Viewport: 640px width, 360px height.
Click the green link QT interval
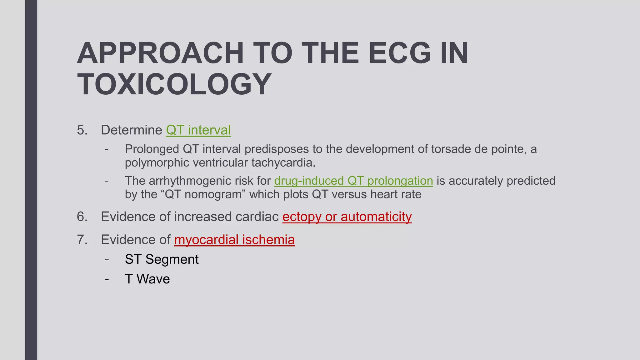click(x=198, y=130)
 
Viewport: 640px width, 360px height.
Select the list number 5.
click(x=82, y=130)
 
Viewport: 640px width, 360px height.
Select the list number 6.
click(x=82, y=217)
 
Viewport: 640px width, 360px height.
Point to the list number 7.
click(x=82, y=240)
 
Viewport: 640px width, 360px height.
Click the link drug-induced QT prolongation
click(x=353, y=181)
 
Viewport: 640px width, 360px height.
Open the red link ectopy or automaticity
click(x=347, y=217)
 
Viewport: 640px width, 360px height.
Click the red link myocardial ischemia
click(x=234, y=240)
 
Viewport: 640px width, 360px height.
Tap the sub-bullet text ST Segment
click(x=162, y=259)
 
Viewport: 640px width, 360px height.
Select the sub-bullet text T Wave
click(x=147, y=279)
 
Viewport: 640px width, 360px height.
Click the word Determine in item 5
click(x=131, y=130)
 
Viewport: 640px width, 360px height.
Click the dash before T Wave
click(x=107, y=279)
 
